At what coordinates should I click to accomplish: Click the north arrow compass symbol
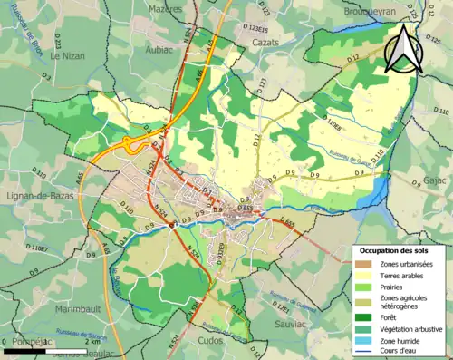point(402,48)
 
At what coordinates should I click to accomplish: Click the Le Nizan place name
point(67,54)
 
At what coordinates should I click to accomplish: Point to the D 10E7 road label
point(36,246)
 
